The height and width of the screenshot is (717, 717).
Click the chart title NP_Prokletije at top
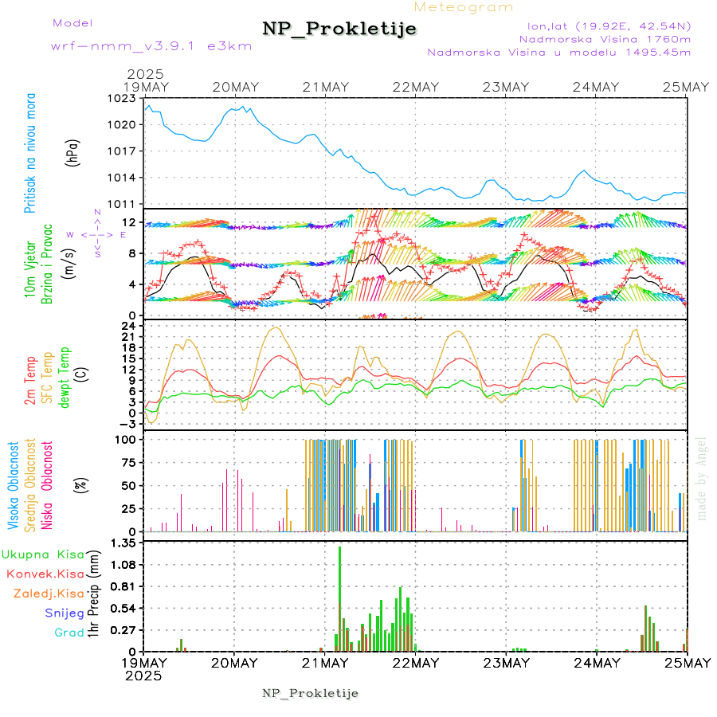coord(339,29)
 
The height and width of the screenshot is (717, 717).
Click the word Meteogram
coord(464,7)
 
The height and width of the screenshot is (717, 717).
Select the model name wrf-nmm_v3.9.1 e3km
coord(151,46)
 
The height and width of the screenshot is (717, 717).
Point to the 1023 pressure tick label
coord(126,99)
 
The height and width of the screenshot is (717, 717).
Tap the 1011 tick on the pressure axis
coord(126,204)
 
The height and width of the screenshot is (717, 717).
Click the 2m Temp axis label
coord(30,380)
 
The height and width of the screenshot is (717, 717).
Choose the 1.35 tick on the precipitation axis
coord(123,543)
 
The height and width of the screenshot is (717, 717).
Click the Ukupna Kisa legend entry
coord(43,554)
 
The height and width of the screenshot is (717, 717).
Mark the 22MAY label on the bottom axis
coord(415,663)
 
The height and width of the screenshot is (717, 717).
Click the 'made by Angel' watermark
coord(702,478)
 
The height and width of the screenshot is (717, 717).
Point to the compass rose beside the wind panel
coord(97,235)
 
